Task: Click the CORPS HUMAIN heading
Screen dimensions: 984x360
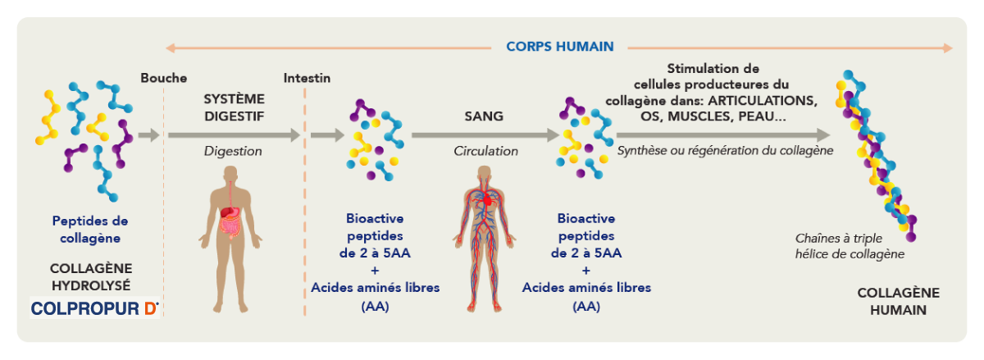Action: pos(559,47)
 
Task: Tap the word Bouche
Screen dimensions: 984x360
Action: pos(164,78)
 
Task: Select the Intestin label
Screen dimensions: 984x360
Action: pos(307,78)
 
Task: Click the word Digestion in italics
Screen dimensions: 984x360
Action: pos(233,151)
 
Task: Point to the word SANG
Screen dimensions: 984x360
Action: pos(484,116)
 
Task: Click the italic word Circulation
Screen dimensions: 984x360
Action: pos(485,151)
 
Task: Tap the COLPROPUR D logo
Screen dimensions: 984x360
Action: pos(94,308)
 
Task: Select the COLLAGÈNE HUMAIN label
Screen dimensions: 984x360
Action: pos(899,302)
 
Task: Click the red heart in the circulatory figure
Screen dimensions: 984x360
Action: pos(487,201)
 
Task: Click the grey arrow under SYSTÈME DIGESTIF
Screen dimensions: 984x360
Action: pos(234,135)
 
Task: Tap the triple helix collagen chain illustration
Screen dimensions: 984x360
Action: pos(876,156)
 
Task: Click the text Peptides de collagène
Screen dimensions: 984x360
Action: pos(90,230)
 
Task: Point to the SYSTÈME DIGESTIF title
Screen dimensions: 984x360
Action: pos(235,107)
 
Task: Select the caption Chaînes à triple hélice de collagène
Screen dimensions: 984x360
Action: pos(850,246)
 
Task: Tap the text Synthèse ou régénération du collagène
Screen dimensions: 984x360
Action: pos(725,151)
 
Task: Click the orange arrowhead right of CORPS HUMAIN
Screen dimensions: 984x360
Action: pos(948,48)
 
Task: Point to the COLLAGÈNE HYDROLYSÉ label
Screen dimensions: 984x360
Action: pos(91,277)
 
